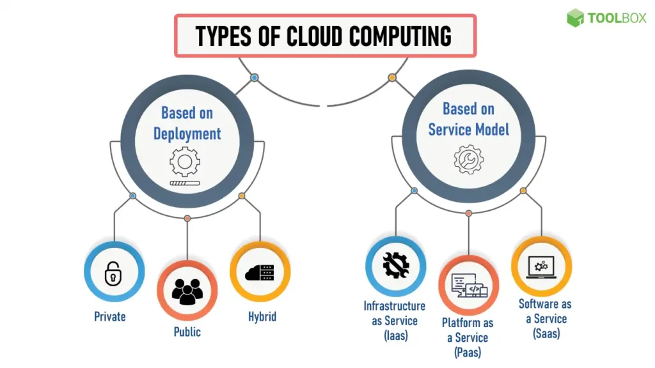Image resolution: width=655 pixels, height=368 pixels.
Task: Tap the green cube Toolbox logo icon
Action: pos(575,18)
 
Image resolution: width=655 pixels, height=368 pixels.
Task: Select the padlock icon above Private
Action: pos(113,274)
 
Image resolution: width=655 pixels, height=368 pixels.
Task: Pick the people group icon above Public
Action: pos(187,291)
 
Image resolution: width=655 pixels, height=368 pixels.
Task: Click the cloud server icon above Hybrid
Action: pos(260,272)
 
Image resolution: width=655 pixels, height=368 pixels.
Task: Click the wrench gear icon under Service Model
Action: pos(468,159)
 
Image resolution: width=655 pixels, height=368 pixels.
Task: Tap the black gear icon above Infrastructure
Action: pos(395,264)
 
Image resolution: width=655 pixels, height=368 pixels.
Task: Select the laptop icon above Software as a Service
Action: pos(541,266)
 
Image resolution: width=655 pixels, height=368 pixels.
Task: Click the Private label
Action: pos(110,316)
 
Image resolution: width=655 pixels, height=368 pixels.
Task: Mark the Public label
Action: pos(187,332)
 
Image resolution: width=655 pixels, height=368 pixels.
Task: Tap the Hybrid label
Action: pos(262,316)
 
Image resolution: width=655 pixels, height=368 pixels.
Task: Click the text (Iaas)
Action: pos(395,335)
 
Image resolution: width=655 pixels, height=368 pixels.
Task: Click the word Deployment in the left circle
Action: pos(187,134)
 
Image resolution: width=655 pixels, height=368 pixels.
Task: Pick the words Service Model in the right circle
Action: pos(469,129)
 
